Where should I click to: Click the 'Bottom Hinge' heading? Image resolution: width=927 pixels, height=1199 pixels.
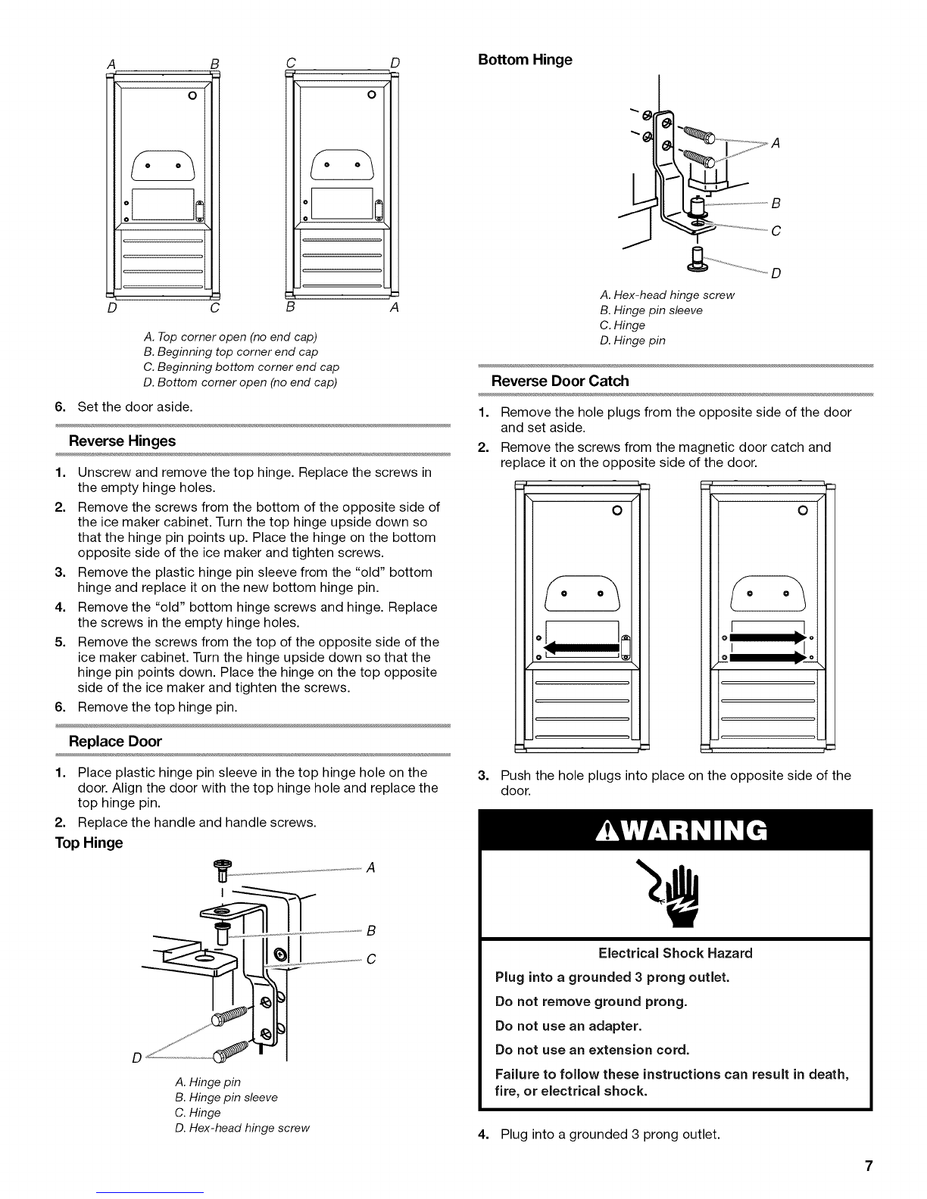[x=525, y=60]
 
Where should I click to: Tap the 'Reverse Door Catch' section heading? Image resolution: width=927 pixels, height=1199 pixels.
[x=560, y=381]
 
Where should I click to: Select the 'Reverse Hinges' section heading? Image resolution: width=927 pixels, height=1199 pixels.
[x=122, y=441]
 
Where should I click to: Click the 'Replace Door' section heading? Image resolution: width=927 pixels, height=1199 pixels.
[x=115, y=741]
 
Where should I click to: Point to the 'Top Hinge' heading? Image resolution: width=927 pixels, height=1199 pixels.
[x=89, y=842]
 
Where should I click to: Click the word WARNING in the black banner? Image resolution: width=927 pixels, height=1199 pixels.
[x=694, y=830]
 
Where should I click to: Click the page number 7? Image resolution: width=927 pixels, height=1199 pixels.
[x=869, y=1166]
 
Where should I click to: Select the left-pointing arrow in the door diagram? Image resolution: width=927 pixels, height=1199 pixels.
[x=582, y=648]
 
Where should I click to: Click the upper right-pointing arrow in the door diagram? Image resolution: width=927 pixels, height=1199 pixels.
[x=768, y=638]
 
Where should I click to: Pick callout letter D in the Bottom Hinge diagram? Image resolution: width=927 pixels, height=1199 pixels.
[x=776, y=273]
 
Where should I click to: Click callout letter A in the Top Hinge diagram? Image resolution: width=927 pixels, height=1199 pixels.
[x=371, y=868]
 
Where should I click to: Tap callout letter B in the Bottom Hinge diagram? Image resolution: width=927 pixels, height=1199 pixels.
[x=776, y=204]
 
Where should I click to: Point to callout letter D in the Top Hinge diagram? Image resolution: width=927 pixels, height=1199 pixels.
[x=136, y=1057]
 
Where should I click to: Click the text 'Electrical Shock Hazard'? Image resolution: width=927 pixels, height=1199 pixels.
[x=676, y=953]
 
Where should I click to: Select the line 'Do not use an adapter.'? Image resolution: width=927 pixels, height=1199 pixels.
[x=568, y=1026]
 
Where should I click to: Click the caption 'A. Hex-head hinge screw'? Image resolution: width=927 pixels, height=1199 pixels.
[x=667, y=295]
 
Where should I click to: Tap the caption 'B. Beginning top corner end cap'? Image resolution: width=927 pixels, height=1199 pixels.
[x=231, y=352]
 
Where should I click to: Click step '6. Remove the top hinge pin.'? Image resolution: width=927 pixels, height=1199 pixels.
[x=146, y=707]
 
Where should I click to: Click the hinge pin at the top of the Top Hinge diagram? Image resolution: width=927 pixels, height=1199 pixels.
[x=223, y=871]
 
